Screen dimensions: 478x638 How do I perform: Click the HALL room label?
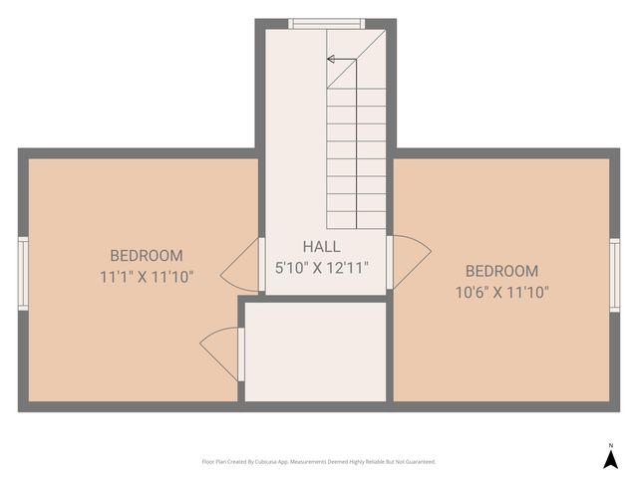coord(322,247)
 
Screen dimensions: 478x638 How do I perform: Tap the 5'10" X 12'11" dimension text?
coord(322,267)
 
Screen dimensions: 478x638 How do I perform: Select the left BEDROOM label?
coord(147,256)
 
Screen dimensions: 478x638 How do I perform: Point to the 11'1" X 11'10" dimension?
coord(147,276)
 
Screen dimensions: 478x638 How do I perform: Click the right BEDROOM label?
coord(501,271)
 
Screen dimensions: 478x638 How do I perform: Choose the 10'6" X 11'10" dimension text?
coord(501,292)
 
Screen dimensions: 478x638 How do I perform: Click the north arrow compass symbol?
coord(611,459)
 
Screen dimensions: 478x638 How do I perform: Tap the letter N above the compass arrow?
coord(611,445)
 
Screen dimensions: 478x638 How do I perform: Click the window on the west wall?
coord(23,274)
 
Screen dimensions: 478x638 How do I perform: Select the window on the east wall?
coord(615,275)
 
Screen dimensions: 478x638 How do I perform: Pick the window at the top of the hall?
coord(326,24)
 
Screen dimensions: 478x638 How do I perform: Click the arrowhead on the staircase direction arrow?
coord(331,59)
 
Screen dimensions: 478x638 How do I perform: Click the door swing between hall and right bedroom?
coord(410,261)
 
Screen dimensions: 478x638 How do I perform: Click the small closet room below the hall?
coord(315,352)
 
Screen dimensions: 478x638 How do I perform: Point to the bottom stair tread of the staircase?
coord(356,221)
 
